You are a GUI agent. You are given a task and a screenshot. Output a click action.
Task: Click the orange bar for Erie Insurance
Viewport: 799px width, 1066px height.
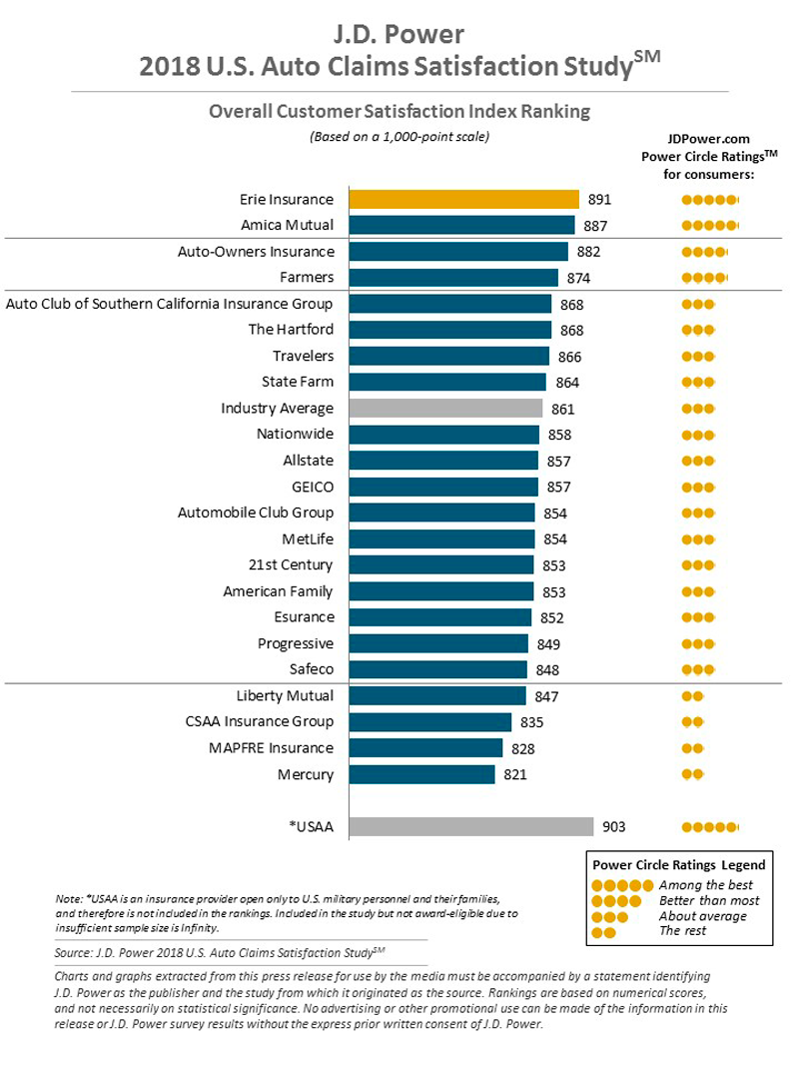point(463,199)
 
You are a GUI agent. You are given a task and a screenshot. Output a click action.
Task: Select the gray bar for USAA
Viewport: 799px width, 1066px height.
point(471,826)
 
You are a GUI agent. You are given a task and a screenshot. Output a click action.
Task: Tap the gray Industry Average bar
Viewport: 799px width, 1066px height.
point(445,409)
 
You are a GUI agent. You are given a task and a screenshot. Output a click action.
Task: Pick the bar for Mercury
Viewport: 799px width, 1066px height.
point(421,774)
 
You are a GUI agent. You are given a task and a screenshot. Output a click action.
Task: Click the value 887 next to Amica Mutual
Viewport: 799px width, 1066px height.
point(592,225)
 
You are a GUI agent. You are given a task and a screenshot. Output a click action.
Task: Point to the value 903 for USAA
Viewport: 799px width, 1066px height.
point(612,826)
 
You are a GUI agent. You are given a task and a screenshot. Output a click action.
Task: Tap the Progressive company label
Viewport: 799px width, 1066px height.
point(296,643)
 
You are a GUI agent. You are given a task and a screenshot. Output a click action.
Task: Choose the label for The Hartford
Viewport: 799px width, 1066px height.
point(291,330)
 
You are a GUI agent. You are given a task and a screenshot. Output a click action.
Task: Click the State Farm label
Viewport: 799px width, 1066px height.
point(298,382)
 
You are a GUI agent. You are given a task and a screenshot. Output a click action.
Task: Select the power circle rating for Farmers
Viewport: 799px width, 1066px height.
point(705,278)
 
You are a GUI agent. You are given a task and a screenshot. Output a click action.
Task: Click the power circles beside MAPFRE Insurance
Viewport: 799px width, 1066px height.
point(692,748)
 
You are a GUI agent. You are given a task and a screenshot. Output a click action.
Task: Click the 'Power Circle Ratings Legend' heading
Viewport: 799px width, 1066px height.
point(678,864)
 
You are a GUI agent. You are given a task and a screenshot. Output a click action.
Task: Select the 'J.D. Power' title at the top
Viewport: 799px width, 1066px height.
point(399,35)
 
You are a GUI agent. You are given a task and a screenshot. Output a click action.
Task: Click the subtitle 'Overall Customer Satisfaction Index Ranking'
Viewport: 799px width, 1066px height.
point(399,112)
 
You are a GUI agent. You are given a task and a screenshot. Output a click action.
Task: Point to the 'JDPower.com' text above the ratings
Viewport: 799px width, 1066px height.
point(708,140)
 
